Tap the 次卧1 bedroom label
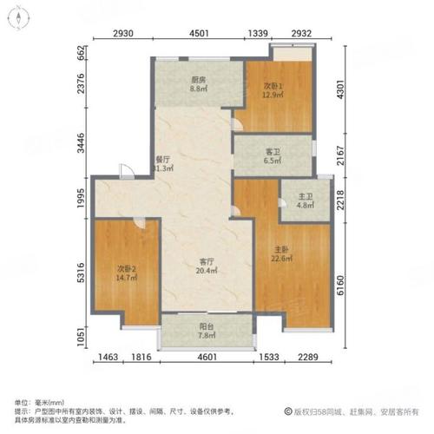click(x=274, y=86)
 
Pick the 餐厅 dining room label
click(x=162, y=159)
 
